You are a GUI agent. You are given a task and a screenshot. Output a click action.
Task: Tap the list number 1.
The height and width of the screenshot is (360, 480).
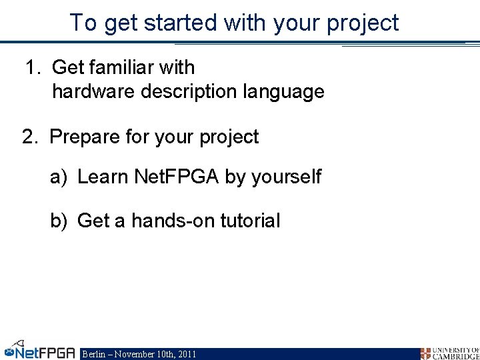pyautogui.click(x=31, y=67)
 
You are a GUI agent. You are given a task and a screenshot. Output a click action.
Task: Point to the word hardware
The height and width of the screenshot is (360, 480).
pyautogui.click(x=94, y=91)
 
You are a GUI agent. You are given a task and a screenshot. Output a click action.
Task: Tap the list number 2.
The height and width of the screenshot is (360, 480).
pyautogui.click(x=28, y=137)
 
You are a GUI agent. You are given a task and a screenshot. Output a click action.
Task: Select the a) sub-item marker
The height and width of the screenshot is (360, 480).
pyautogui.click(x=59, y=177)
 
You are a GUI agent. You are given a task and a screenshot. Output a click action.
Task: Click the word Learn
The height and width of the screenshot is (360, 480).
pyautogui.click(x=103, y=177)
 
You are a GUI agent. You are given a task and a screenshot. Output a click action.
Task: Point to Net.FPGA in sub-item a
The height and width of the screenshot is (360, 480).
pyautogui.click(x=177, y=177)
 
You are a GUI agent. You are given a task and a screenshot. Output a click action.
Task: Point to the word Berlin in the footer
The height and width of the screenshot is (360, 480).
pyautogui.click(x=94, y=354)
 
